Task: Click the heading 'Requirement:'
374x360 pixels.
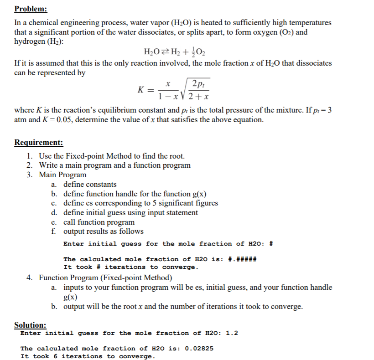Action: (x=39, y=143)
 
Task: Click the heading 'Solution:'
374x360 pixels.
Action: (x=30, y=325)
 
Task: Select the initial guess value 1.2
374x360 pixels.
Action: (x=232, y=333)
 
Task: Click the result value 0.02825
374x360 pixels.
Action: (x=198, y=349)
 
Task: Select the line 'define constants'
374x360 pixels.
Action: (x=89, y=185)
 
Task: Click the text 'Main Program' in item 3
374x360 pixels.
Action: (x=62, y=175)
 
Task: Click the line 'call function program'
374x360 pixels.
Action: (x=99, y=222)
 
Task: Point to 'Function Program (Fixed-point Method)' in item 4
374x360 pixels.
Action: (x=105, y=278)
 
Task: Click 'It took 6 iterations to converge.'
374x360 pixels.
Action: (x=88, y=356)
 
